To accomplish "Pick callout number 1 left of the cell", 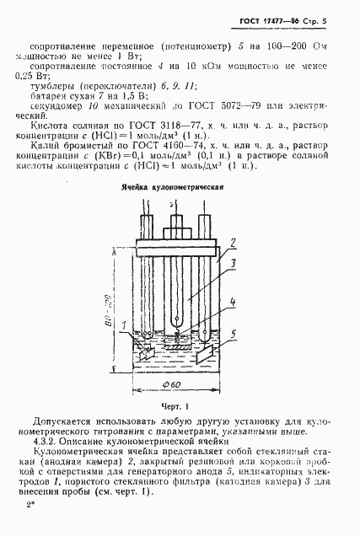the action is [123, 326].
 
